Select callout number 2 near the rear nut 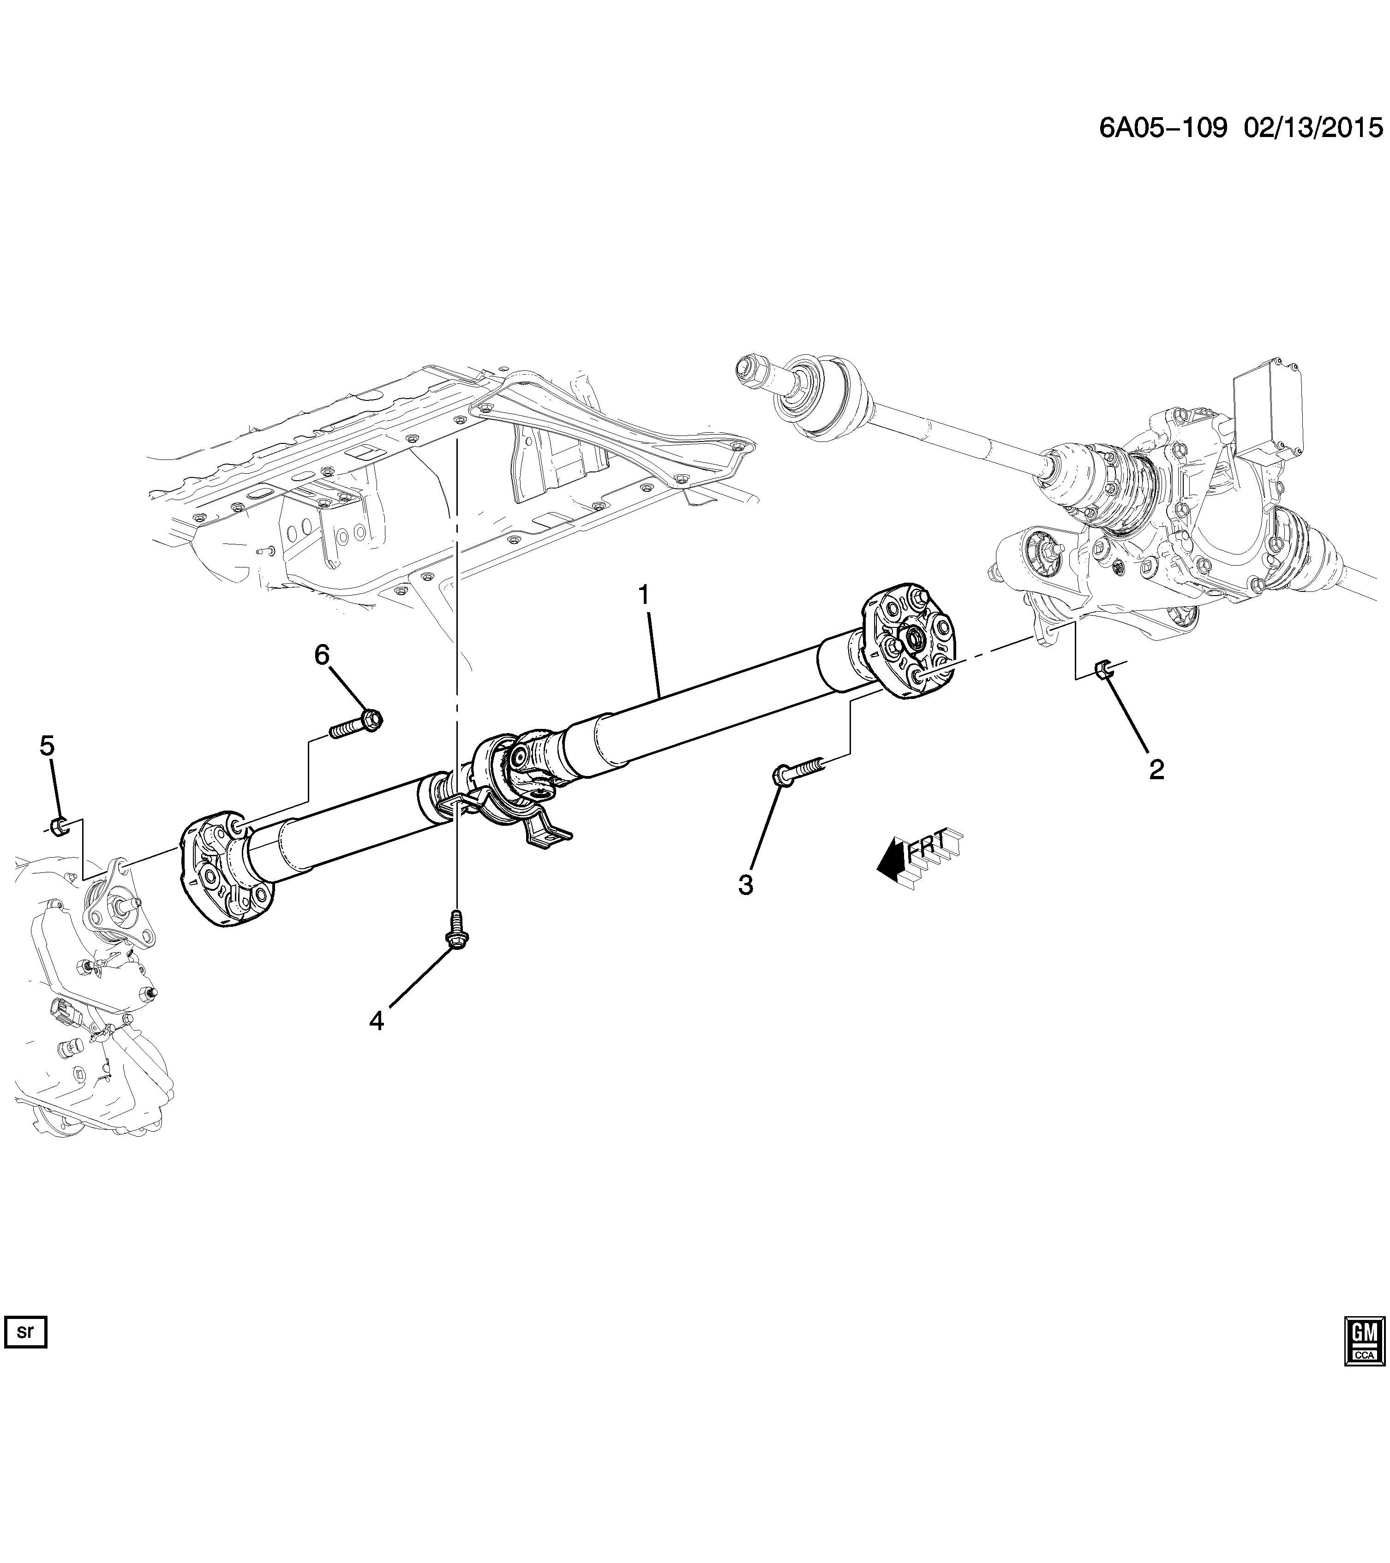click(x=1156, y=769)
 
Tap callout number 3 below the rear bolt click(x=745, y=885)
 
